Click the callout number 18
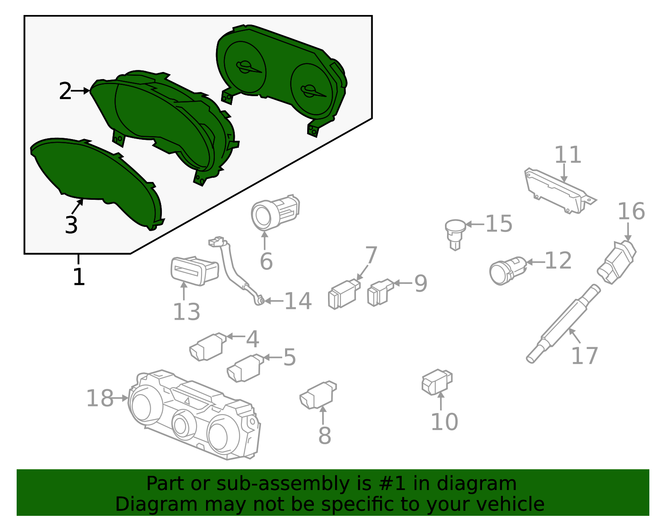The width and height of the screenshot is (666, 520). [100, 398]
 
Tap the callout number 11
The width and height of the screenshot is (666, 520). [568, 155]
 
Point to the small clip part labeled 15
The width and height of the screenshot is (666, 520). [455, 233]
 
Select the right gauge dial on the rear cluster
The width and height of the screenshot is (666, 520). [311, 90]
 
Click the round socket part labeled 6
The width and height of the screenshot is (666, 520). [275, 212]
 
